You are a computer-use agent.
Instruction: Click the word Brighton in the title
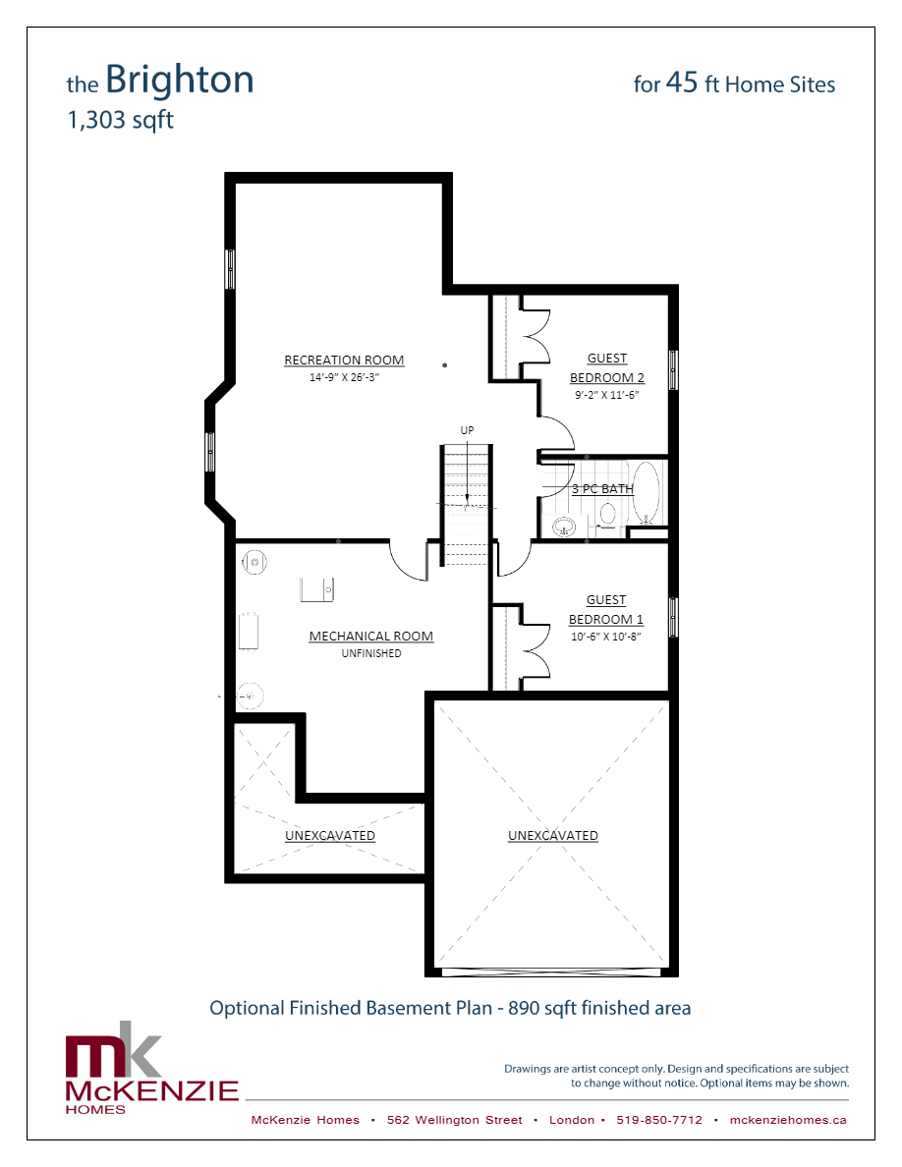[x=179, y=80]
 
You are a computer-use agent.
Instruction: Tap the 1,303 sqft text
[x=120, y=121]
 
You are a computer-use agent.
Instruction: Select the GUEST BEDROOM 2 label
[x=607, y=368]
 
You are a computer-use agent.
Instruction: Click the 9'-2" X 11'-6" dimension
[x=607, y=395]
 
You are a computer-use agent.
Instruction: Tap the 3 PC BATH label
[x=602, y=488]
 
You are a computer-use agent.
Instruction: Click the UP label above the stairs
[x=467, y=430]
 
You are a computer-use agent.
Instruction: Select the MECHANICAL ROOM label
[x=370, y=637]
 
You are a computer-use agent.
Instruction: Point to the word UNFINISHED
[x=370, y=653]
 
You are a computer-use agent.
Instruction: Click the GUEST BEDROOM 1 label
[x=606, y=610]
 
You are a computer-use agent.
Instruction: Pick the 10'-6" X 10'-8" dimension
[x=606, y=637]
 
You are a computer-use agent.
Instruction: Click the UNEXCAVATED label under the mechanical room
[x=330, y=836]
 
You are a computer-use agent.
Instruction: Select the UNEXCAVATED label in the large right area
[x=553, y=836]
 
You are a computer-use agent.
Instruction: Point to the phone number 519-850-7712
[x=659, y=1120]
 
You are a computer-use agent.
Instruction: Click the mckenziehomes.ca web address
[x=789, y=1120]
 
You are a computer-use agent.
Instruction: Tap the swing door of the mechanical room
[x=408, y=561]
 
